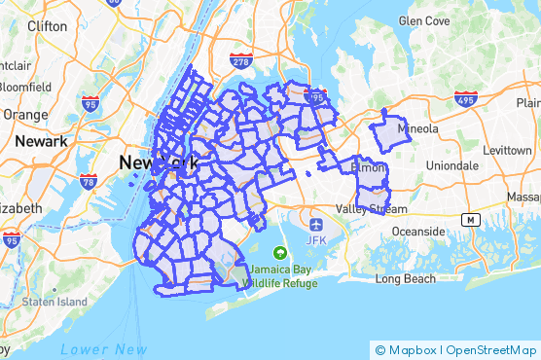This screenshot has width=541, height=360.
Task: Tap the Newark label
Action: coord(40,141)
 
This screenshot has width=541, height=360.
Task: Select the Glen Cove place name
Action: coord(423,20)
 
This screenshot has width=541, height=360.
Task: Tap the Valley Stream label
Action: coord(373,209)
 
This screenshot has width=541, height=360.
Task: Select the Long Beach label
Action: coord(407,278)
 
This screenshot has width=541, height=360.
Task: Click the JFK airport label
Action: coord(315,239)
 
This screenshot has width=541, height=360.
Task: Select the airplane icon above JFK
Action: coord(315,222)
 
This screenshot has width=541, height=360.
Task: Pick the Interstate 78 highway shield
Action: coord(89,181)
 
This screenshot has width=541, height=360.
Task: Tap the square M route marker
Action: coord(471,221)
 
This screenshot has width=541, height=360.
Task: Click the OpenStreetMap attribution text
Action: coord(491,350)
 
